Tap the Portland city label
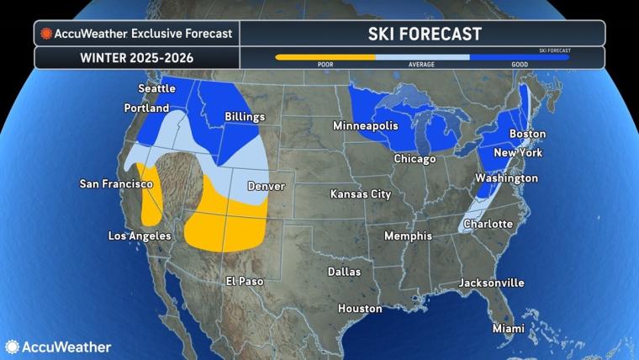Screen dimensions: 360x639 click(147, 108)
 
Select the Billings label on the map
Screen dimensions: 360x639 click(245, 117)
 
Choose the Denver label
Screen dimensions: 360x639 click(266, 186)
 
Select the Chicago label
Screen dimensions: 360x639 click(415, 159)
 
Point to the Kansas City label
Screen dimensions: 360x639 click(361, 194)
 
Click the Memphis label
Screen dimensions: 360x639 click(408, 236)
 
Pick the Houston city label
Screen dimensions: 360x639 click(360, 309)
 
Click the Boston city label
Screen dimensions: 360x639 click(528, 134)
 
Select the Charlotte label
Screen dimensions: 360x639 click(488, 224)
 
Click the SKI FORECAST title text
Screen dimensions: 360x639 click(422, 34)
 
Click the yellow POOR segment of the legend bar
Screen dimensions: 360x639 click(325, 57)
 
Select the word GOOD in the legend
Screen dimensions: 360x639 click(520, 65)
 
